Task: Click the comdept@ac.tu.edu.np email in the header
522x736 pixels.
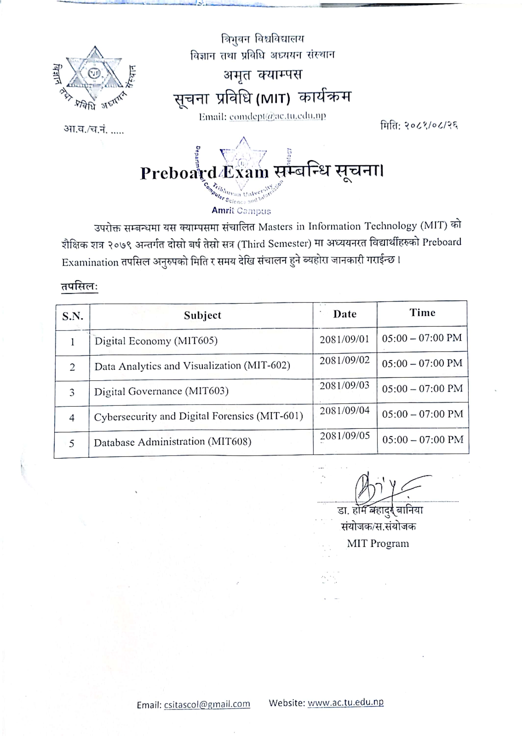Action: coord(277,116)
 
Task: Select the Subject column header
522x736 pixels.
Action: coord(203,315)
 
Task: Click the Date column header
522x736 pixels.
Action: coord(345,314)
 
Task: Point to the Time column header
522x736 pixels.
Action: coord(422,313)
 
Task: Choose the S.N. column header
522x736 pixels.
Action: coord(73,316)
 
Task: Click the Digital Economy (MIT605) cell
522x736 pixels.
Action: coord(156,341)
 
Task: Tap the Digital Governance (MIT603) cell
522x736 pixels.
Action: coord(161,391)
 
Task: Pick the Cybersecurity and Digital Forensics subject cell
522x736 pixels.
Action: coord(198,416)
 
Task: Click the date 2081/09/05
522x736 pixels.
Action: coord(345,436)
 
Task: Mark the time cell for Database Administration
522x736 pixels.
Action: coord(423,440)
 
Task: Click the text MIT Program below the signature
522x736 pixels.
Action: coord(378,543)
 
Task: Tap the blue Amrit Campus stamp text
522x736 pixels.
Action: coord(241,210)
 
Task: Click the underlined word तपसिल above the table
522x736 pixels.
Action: coord(79,286)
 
